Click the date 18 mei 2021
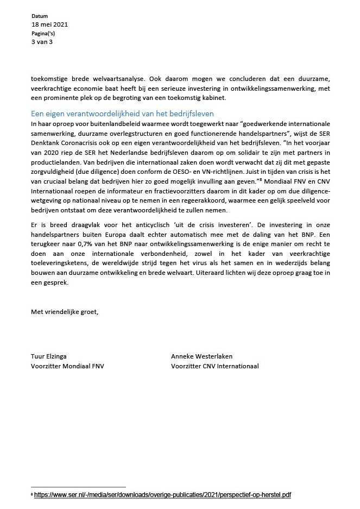tap(50, 25)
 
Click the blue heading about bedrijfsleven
tap(122, 114)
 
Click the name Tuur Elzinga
tap(49, 356)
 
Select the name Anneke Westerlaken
tap(201, 356)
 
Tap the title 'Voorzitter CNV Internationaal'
tap(214, 366)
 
